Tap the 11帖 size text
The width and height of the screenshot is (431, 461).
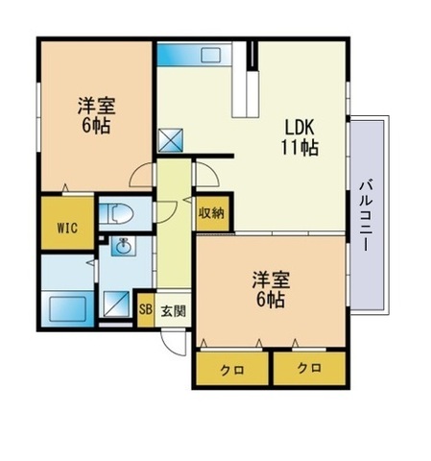(x=299, y=150)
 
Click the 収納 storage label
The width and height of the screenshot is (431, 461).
(x=211, y=213)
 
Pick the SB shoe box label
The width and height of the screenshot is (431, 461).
(x=146, y=309)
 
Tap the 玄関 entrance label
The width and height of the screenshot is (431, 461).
(x=173, y=309)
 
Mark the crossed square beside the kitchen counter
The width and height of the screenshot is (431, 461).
(x=173, y=141)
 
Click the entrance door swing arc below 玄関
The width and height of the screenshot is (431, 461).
(x=174, y=344)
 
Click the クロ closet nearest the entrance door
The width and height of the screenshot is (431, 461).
(x=229, y=369)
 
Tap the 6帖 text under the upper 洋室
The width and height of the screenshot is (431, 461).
(x=95, y=126)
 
